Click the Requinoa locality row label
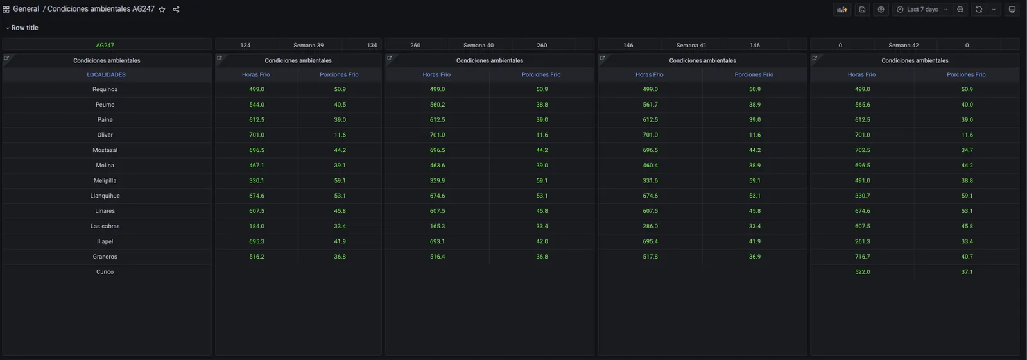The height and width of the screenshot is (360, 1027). (105, 89)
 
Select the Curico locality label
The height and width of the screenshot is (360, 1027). (105, 272)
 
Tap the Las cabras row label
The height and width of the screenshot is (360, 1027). (105, 226)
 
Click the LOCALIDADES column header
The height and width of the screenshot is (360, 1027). (107, 74)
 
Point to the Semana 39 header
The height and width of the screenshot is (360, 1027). (309, 46)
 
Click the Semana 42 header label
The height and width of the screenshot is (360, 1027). (904, 46)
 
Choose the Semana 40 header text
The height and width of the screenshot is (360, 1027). (479, 46)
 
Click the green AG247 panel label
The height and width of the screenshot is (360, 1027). (105, 46)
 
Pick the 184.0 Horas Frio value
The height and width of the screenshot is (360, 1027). (257, 226)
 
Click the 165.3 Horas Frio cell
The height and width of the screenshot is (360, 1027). (437, 226)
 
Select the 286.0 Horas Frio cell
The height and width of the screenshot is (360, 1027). (650, 226)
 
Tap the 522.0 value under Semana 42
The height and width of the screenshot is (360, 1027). (863, 272)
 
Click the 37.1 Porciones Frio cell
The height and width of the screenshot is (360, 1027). (967, 272)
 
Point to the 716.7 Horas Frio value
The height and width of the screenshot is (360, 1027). (863, 257)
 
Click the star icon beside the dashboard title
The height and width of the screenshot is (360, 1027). (162, 10)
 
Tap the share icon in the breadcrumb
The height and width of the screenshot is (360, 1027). (176, 10)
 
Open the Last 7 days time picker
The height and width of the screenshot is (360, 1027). (922, 10)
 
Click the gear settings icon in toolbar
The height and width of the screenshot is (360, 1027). (881, 10)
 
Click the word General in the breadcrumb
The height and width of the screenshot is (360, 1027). (26, 9)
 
